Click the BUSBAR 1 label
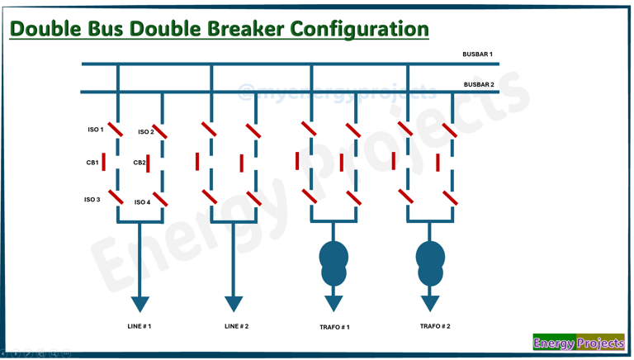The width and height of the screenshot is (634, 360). (477, 54)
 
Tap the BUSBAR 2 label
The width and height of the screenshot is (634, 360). (479, 84)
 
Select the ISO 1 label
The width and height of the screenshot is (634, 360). (96, 130)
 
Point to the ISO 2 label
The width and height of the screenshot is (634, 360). (145, 132)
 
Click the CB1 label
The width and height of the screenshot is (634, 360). (92, 163)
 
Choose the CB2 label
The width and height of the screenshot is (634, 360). (140, 163)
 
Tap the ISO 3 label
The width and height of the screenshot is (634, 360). (92, 200)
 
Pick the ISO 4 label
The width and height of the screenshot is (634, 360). (142, 202)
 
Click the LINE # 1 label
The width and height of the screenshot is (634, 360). (140, 326)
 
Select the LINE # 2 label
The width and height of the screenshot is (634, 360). (236, 326)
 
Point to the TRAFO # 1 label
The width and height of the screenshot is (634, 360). (334, 327)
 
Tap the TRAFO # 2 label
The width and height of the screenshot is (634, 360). (435, 326)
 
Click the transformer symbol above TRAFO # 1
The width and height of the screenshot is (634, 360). (334, 263)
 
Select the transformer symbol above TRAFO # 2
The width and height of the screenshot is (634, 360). (430, 263)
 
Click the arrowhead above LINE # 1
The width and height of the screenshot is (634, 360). (140, 302)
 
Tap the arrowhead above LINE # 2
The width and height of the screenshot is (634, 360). (234, 302)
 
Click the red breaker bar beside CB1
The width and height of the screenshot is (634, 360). (104, 162)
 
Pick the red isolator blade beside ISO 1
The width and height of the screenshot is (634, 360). (115, 129)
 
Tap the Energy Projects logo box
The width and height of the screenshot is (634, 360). (578, 343)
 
